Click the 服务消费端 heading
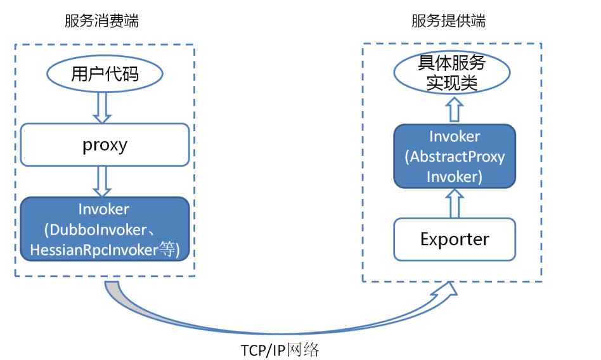(x=101, y=21)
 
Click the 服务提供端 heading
(x=448, y=21)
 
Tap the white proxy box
(x=105, y=145)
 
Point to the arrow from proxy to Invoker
(x=102, y=181)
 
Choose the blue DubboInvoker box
(x=105, y=229)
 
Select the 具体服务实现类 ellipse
(x=452, y=73)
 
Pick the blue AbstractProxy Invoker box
(x=455, y=156)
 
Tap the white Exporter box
(x=455, y=239)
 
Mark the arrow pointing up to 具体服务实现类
(x=453, y=108)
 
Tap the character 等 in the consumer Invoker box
(x=167, y=250)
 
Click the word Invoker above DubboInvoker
(x=104, y=209)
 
